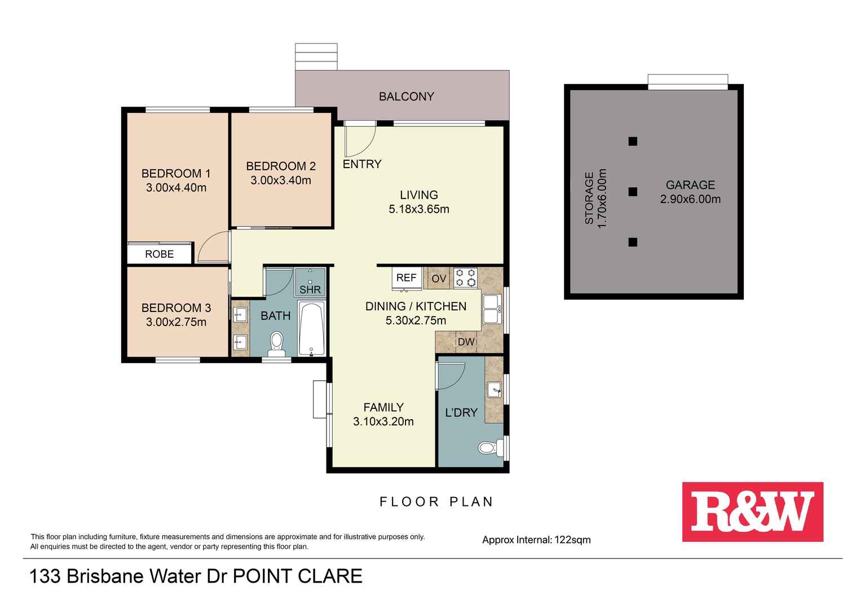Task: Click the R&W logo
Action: point(752,512)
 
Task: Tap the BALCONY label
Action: point(406,96)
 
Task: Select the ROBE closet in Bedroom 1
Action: point(160,254)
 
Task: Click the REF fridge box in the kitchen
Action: point(406,278)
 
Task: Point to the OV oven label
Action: point(439,279)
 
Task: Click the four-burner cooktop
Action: point(465,278)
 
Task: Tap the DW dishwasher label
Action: point(466,342)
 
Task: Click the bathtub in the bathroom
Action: point(311,329)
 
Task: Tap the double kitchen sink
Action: point(489,309)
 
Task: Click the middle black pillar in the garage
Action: point(633,192)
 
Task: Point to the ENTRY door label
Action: point(362,164)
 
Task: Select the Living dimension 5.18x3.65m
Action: point(418,209)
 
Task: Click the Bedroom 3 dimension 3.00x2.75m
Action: point(176,322)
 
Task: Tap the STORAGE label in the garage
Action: point(589,199)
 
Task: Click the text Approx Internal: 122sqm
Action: point(536,540)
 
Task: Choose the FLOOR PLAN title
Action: point(436,501)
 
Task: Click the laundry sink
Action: point(495,389)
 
